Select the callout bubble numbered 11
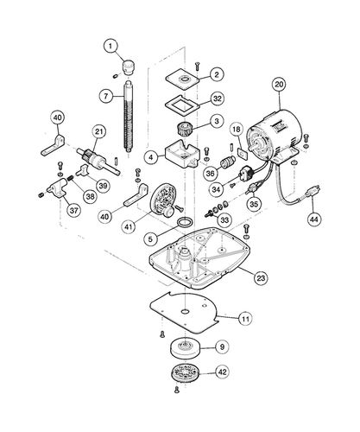point(245,319)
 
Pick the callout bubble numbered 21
point(99,131)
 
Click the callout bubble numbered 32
point(217,98)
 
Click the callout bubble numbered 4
point(150,158)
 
